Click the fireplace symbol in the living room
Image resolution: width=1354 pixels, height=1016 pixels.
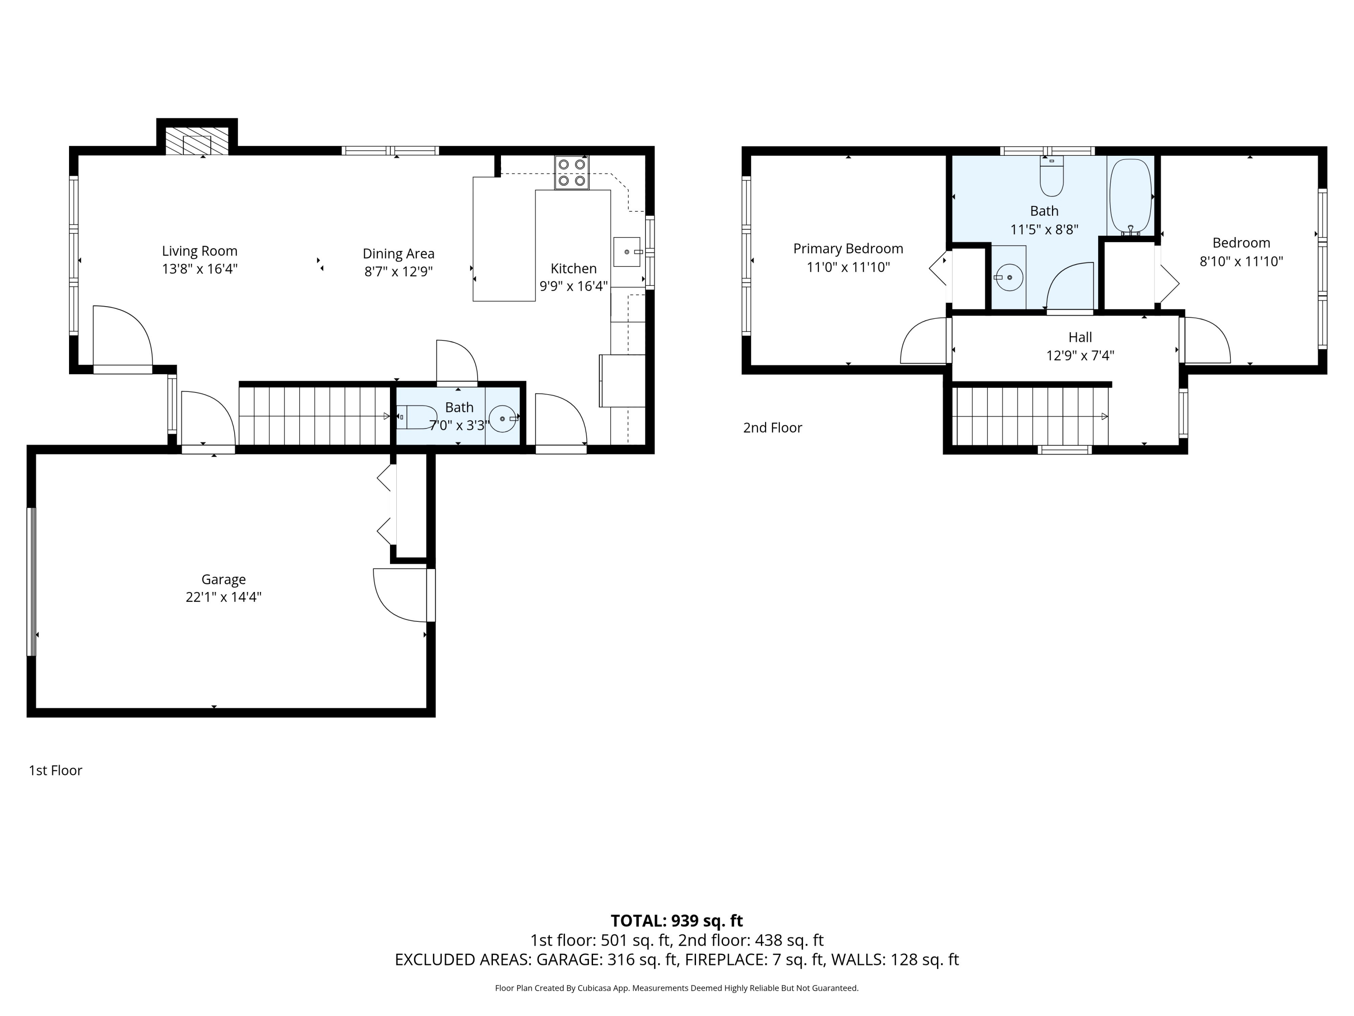[x=197, y=141]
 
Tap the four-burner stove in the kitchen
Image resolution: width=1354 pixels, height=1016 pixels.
[x=572, y=172]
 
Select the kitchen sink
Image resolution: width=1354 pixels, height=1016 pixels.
[x=627, y=252]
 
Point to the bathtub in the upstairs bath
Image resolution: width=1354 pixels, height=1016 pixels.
[x=1131, y=196]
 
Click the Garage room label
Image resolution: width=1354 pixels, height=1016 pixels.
[x=223, y=579]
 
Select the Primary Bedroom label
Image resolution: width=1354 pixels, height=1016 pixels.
[x=848, y=249]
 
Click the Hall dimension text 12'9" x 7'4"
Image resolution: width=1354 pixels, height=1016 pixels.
[x=1080, y=356]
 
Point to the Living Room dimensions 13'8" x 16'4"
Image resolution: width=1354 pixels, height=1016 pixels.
[x=199, y=269]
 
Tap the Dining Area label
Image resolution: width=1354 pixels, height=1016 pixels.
[x=399, y=253]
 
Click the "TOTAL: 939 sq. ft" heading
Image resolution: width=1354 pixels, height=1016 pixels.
[x=677, y=920]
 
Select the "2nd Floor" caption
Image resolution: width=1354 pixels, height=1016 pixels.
[x=773, y=428]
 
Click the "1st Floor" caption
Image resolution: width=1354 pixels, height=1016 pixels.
[x=55, y=770]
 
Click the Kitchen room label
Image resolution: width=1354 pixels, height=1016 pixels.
[x=574, y=268]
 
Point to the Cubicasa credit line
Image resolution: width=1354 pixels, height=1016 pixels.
[x=677, y=988]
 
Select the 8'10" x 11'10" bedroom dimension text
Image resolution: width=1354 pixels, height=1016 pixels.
[x=1241, y=261]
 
